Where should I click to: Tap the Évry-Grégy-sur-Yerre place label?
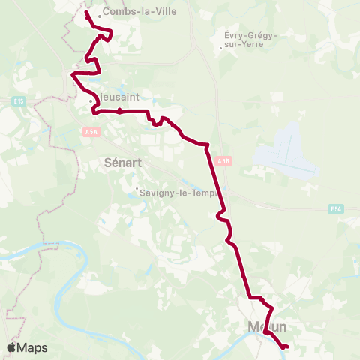[x=250, y=40]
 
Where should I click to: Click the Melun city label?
[x=268, y=327]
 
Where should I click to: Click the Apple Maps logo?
[x=27, y=348]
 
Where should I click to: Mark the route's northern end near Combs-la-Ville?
[x=87, y=13]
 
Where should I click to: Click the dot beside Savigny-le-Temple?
[x=136, y=188]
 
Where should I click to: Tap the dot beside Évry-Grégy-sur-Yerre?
[x=220, y=49]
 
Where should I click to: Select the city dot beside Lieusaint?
[x=91, y=101]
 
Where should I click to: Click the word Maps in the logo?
[x=33, y=348]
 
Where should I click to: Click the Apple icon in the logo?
[x=11, y=348]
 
